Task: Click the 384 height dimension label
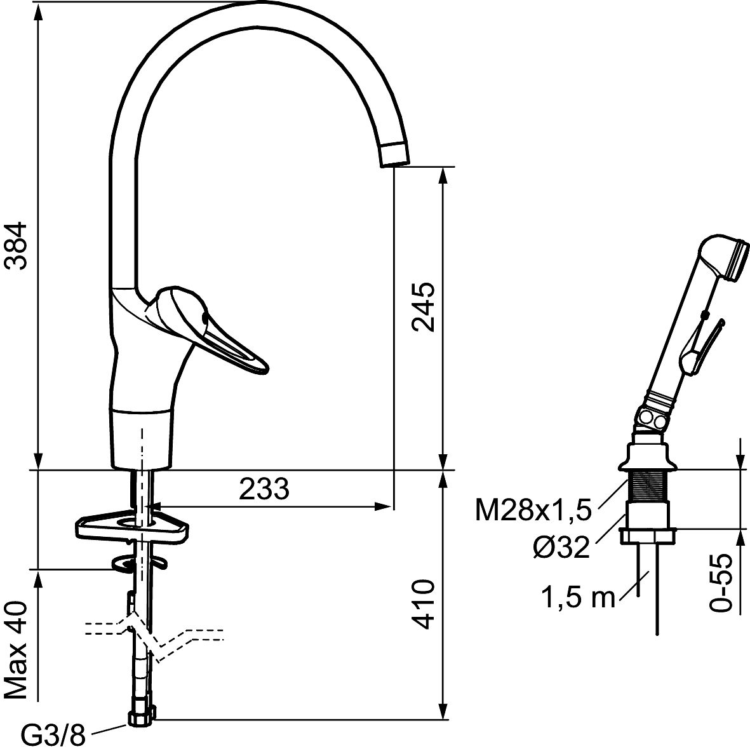click(16, 245)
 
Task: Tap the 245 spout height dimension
click(423, 307)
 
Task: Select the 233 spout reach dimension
click(264, 489)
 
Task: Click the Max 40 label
click(16, 650)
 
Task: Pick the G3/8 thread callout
click(53, 735)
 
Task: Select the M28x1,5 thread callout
click(533, 510)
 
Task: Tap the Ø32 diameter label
click(561, 547)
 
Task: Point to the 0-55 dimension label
click(721, 583)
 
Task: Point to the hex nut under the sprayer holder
click(647, 536)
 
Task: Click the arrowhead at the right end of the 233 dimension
click(384, 506)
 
